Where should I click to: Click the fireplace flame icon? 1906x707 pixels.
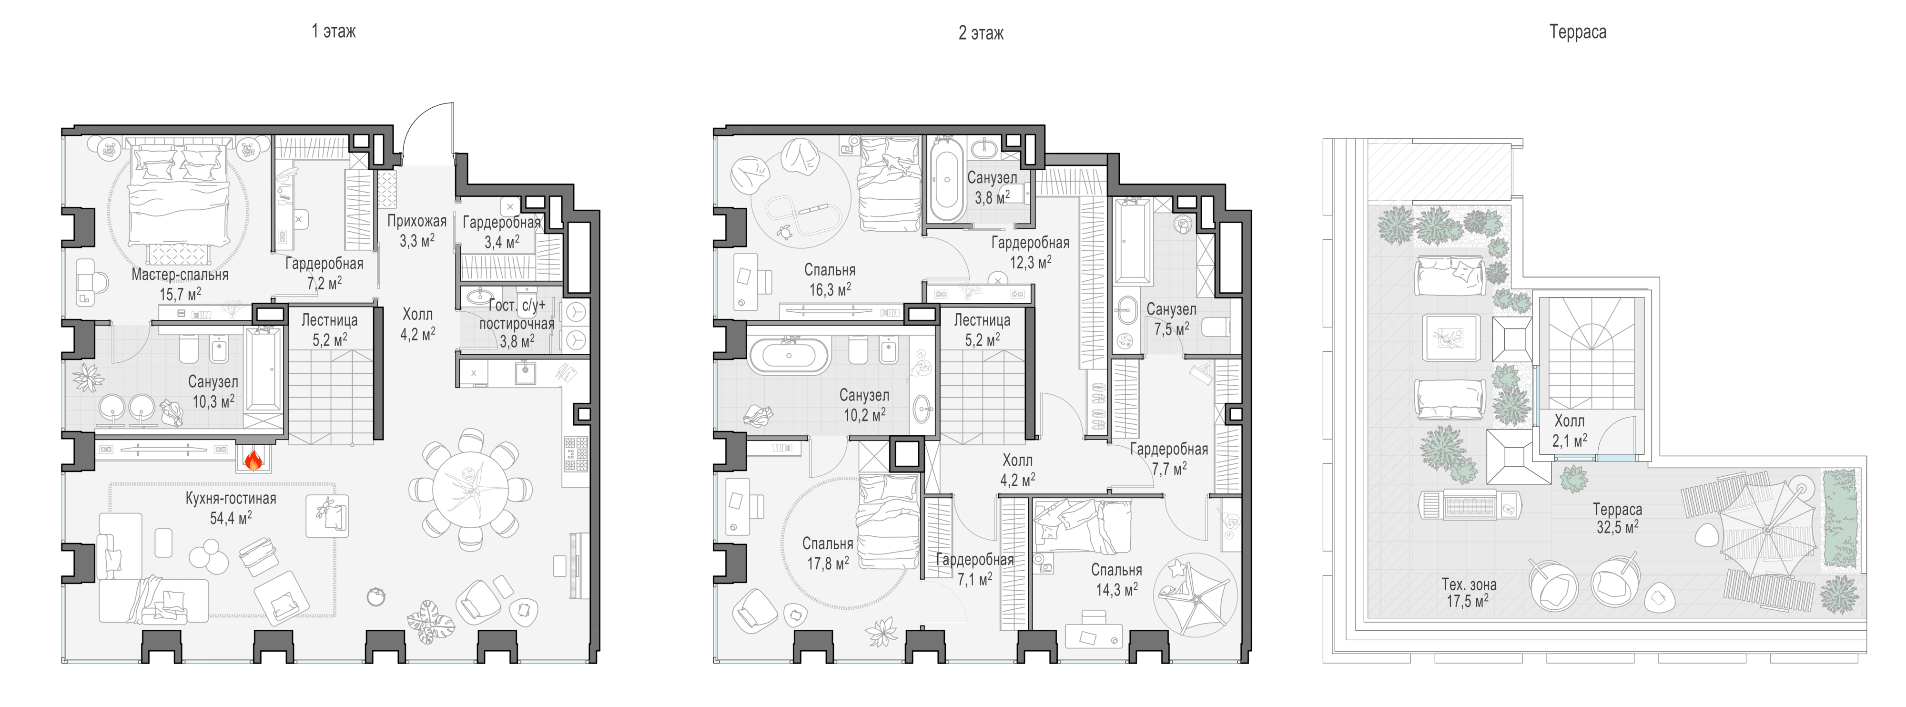tap(253, 461)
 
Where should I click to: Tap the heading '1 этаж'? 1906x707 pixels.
tap(334, 31)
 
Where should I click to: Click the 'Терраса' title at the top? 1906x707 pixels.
tap(1578, 32)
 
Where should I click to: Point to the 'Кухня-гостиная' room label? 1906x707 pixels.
tap(231, 498)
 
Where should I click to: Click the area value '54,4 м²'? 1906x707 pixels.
tap(231, 517)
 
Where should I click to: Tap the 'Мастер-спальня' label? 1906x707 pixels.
tap(180, 275)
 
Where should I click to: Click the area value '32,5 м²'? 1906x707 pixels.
tap(1617, 527)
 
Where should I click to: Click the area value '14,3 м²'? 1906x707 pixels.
tap(1116, 589)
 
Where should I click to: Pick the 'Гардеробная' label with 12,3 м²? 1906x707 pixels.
tap(1030, 243)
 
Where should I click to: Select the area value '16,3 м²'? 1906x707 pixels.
tap(830, 289)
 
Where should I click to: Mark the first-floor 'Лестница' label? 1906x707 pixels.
tap(329, 320)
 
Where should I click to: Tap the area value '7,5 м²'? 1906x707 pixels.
tap(1172, 328)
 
